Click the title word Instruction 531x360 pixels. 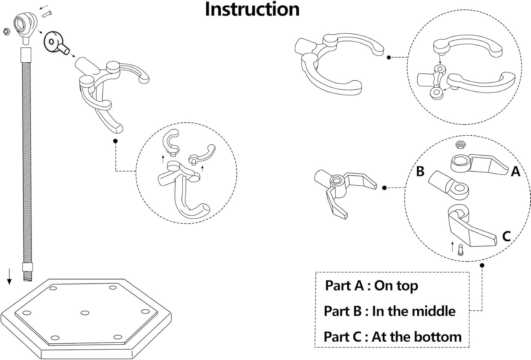(x=252, y=10)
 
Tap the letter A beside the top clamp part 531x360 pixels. (x=515, y=171)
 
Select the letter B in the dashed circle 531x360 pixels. (x=420, y=171)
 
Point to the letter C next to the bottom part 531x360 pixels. (x=506, y=236)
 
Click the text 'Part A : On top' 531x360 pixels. (x=371, y=286)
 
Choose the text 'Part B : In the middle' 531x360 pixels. (x=389, y=311)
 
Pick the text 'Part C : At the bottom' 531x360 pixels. (x=393, y=337)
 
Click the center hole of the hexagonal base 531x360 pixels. (x=85, y=313)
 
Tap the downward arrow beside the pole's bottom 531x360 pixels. (x=9, y=276)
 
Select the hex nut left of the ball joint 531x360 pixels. (x=6, y=31)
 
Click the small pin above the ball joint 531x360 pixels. (x=47, y=14)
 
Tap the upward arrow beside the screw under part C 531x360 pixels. (x=452, y=247)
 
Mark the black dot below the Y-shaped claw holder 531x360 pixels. (x=115, y=141)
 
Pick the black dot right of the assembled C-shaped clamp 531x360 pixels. (x=389, y=57)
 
